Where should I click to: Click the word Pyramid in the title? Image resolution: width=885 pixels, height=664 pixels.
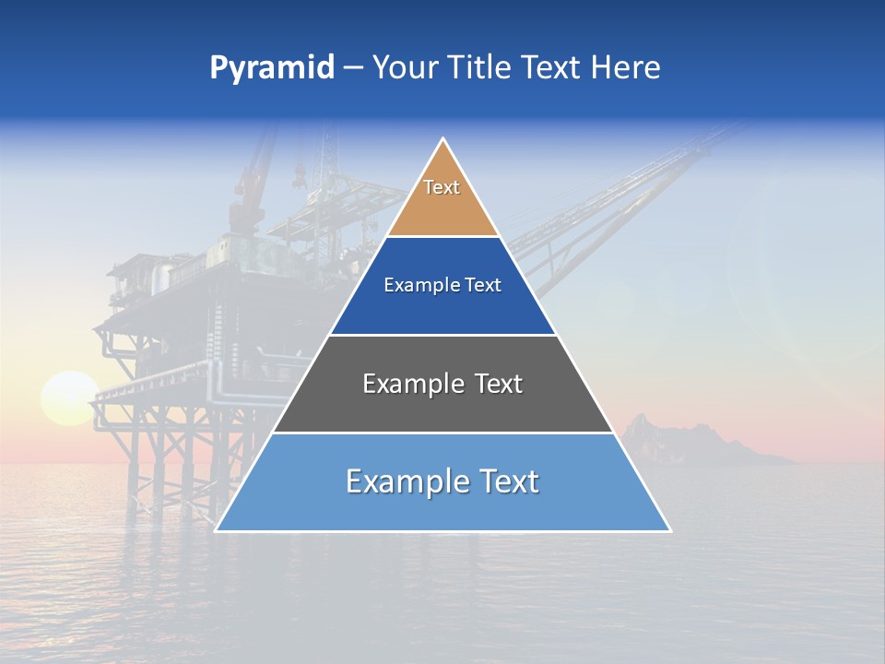coord(272,68)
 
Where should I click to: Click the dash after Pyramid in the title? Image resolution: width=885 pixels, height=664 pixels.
coord(352,69)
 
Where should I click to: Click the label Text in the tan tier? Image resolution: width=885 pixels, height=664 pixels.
coord(442,187)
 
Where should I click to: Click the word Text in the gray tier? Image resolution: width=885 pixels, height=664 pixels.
coord(494,384)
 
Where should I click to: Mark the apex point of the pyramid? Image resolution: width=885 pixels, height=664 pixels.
coord(443,139)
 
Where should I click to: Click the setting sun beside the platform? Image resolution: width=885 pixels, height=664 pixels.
coord(67,397)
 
